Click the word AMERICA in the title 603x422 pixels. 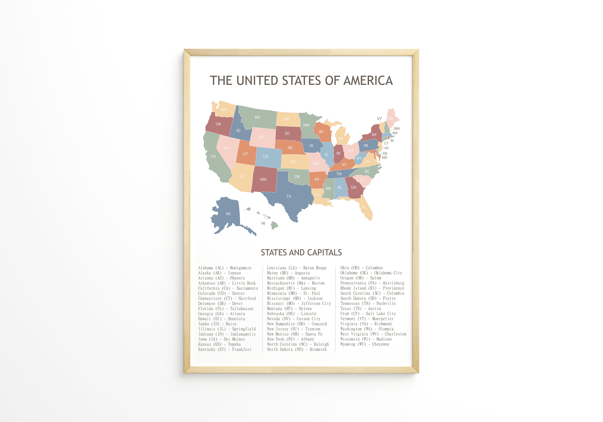(x=368, y=81)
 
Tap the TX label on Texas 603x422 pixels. (x=289, y=196)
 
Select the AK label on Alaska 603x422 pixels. (x=228, y=214)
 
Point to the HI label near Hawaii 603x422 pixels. (x=263, y=223)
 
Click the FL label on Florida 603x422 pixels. (x=363, y=207)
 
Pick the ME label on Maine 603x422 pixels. (x=391, y=119)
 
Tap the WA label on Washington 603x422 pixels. (x=223, y=110)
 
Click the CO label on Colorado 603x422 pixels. (x=265, y=157)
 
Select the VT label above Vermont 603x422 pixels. (x=379, y=119)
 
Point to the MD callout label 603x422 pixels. (x=385, y=158)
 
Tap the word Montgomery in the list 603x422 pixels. (x=241, y=268)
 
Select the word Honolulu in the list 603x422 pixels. (x=236, y=319)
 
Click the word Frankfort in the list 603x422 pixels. (x=242, y=349)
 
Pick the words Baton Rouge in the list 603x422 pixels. (x=315, y=268)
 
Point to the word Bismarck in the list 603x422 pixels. (x=318, y=349)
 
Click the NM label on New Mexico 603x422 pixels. (x=263, y=180)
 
